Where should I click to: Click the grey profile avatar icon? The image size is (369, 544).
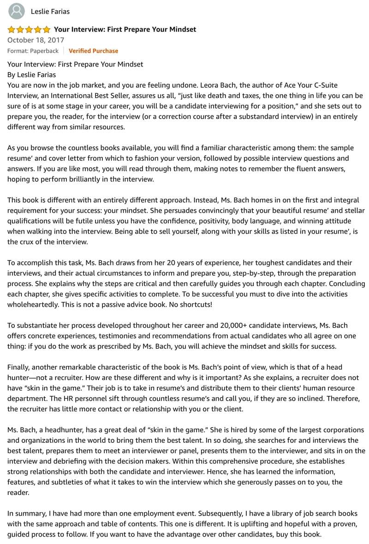tap(17, 11)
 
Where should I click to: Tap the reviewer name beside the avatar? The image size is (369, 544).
tap(50, 11)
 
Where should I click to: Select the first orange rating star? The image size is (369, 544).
tap(12, 30)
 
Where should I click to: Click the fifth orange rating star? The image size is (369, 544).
tap(47, 30)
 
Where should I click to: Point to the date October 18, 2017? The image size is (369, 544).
tap(36, 40)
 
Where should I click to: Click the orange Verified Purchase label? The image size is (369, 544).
tap(93, 51)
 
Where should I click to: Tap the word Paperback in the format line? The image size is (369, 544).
tap(45, 51)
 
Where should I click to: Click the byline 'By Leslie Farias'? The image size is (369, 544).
tap(31, 74)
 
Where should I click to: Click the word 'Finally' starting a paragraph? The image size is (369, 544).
tap(18, 367)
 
